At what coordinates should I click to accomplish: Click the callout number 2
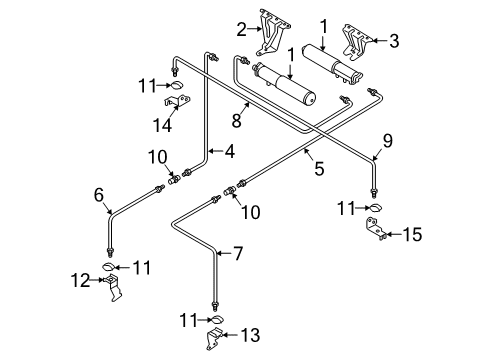[241, 29]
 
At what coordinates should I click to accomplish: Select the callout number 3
[394, 41]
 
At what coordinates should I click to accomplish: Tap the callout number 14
[162, 125]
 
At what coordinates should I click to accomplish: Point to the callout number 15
[412, 234]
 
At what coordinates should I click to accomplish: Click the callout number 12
[80, 281]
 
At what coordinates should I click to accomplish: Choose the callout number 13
[250, 335]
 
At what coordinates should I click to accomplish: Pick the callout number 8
[236, 120]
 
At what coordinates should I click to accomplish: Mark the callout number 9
[388, 141]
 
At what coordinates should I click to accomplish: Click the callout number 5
[319, 169]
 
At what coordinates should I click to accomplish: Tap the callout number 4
[230, 151]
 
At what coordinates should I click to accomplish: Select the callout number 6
[99, 195]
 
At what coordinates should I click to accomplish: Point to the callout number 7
[238, 254]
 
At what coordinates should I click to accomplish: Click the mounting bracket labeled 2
[274, 32]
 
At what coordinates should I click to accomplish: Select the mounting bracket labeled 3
[357, 42]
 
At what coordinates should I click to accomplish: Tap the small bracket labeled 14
[177, 101]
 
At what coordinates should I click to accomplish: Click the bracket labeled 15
[376, 228]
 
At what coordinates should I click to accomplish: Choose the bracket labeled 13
[214, 338]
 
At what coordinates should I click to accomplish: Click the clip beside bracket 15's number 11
[376, 208]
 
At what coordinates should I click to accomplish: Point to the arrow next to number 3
[379, 41]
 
